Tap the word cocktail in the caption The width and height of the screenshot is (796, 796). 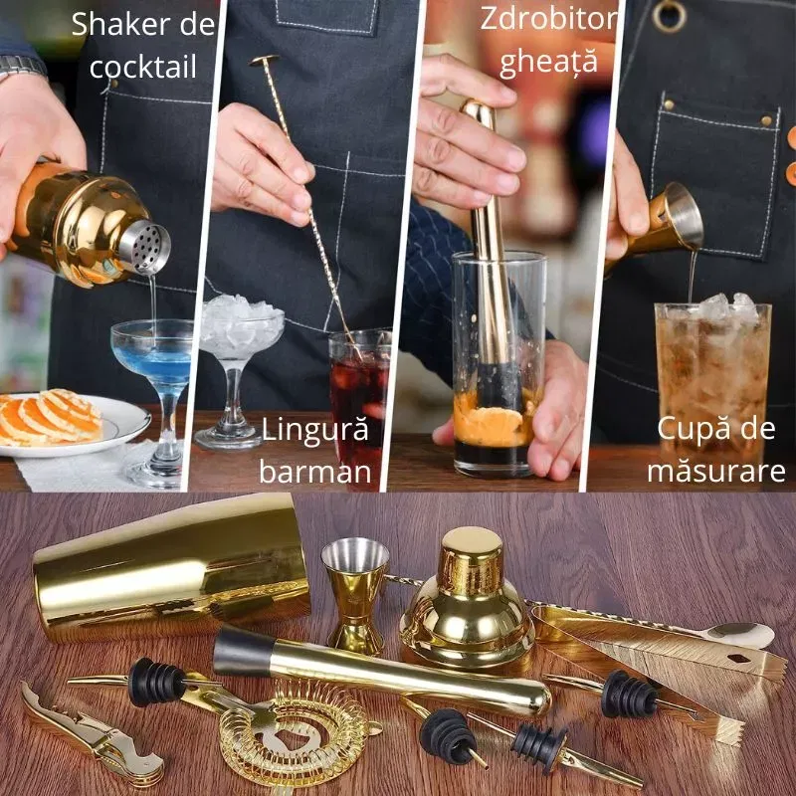142,67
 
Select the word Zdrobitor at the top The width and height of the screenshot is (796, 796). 548,19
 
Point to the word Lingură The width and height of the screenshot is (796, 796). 314,431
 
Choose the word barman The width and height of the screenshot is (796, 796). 314,471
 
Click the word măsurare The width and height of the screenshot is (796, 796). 715,471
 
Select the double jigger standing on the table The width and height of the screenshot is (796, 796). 355,592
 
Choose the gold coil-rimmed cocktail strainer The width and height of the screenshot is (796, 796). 294,731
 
